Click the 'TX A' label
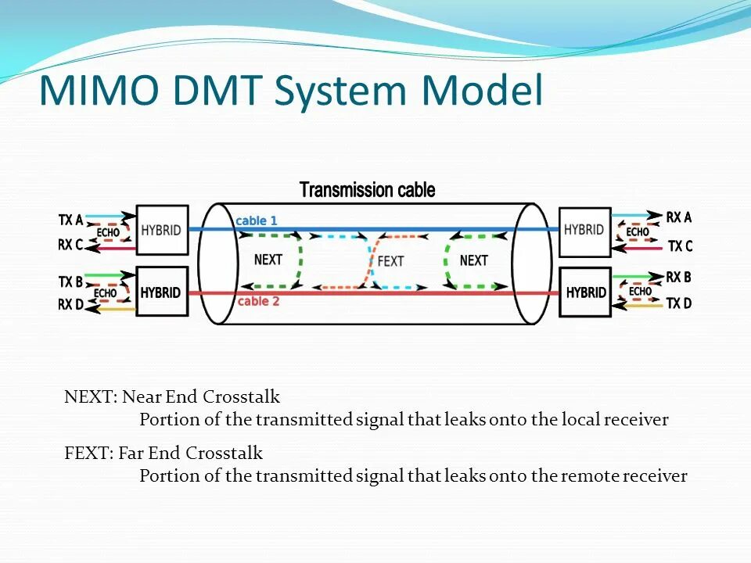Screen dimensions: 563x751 70,221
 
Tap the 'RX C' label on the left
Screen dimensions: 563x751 70,246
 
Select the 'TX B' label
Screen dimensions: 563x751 70,281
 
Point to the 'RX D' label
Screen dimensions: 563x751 70,305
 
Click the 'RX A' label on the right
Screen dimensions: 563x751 678,218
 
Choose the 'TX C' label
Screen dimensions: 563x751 680,246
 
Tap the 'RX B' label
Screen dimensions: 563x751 678,277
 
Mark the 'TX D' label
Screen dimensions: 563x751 678,303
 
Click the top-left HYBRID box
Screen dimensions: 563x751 162,231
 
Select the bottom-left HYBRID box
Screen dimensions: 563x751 162,292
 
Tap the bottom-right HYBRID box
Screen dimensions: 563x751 585,292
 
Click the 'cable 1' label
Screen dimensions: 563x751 257,221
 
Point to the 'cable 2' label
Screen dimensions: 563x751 258,301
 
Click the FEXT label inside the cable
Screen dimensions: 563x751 390,260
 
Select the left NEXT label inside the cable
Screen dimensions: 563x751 268,260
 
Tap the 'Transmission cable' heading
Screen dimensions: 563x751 368,190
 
